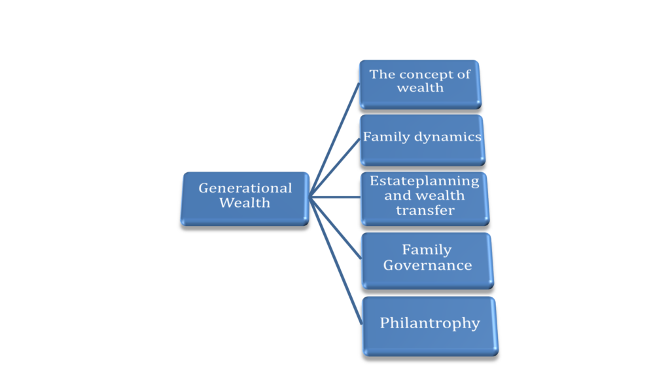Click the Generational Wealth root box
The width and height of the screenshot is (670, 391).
pyautogui.click(x=245, y=198)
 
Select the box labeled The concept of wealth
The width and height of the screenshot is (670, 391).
pyautogui.click(x=420, y=84)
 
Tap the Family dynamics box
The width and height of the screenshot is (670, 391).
pyautogui.click(x=422, y=140)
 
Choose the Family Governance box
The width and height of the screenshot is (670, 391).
pyautogui.click(x=427, y=260)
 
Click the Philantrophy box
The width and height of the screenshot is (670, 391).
pyautogui.click(x=430, y=326)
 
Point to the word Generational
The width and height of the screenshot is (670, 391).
pyautogui.click(x=245, y=188)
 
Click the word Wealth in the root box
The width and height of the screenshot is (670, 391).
pyautogui.click(x=245, y=203)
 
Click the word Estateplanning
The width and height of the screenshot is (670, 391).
pyautogui.click(x=424, y=181)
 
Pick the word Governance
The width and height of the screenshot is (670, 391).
pyautogui.click(x=427, y=265)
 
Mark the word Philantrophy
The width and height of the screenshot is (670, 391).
pyautogui.click(x=430, y=323)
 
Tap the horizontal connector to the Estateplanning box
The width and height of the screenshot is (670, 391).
pyautogui.click(x=334, y=196)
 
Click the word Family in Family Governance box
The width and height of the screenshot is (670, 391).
pyautogui.click(x=427, y=250)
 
